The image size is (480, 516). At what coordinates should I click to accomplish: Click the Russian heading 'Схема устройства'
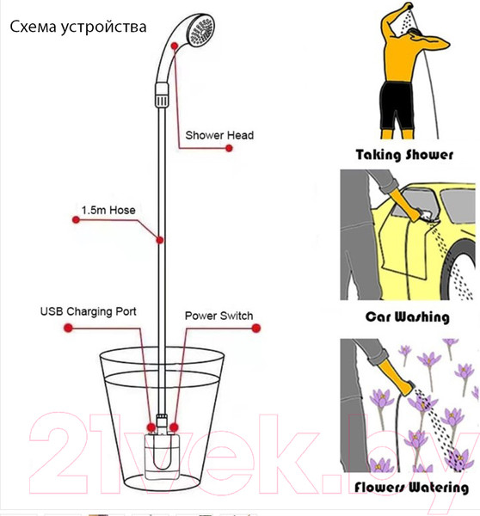(x=78, y=28)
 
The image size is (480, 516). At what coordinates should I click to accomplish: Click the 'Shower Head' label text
(x=219, y=135)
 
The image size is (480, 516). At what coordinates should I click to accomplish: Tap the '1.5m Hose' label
(x=108, y=211)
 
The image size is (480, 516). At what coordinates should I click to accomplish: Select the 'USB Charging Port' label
(x=89, y=311)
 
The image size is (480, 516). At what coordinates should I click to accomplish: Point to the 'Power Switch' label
(x=219, y=316)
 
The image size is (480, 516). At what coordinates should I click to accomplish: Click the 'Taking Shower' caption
(x=404, y=155)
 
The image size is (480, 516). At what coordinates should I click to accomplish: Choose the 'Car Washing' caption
(x=407, y=316)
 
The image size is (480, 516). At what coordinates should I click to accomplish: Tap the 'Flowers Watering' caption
(x=411, y=488)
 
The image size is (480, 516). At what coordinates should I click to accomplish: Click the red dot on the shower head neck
(x=175, y=46)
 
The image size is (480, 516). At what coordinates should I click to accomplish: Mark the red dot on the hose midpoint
(x=160, y=240)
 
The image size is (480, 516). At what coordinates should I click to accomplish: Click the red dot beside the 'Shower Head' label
(x=229, y=149)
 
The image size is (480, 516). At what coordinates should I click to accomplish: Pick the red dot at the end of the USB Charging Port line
(x=68, y=328)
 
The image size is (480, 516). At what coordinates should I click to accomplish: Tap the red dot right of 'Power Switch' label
(x=256, y=329)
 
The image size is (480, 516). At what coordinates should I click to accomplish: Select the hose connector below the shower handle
(x=162, y=95)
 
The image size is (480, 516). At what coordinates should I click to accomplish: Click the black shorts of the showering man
(x=397, y=106)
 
